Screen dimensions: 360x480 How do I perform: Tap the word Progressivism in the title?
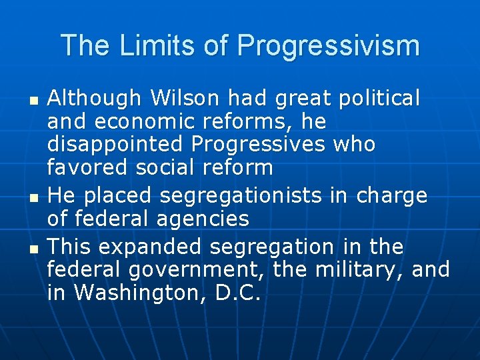[328, 45]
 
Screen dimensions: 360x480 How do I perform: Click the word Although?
[94, 99]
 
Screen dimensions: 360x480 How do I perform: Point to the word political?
[379, 99]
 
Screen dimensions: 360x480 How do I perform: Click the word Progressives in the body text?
[257, 145]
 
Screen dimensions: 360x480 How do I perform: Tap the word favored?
[88, 167]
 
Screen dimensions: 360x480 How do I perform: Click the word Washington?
[140, 293]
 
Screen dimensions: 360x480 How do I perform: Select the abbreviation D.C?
[237, 293]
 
